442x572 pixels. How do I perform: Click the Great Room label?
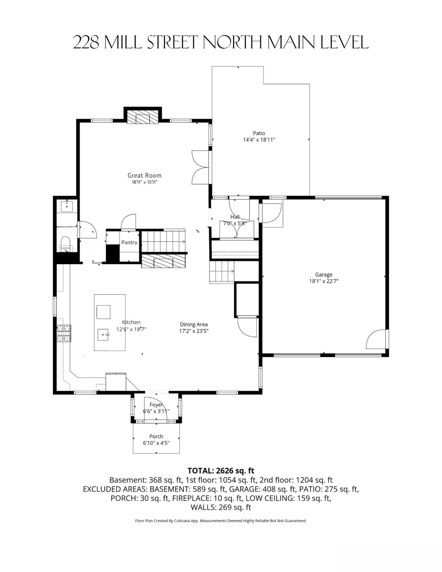click(145, 175)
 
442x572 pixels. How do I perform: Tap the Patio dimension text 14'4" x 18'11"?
click(259, 139)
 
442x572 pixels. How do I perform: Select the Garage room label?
click(324, 275)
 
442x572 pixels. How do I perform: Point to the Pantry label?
click(129, 243)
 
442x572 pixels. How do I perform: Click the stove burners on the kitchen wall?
click(64, 333)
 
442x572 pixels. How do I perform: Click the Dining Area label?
click(194, 324)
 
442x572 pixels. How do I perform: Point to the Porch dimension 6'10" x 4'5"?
click(156, 443)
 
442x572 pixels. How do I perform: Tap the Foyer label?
click(156, 405)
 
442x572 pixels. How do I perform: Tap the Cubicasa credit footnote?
click(221, 521)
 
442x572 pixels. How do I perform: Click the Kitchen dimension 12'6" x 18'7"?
click(131, 329)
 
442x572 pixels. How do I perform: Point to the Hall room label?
click(235, 217)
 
